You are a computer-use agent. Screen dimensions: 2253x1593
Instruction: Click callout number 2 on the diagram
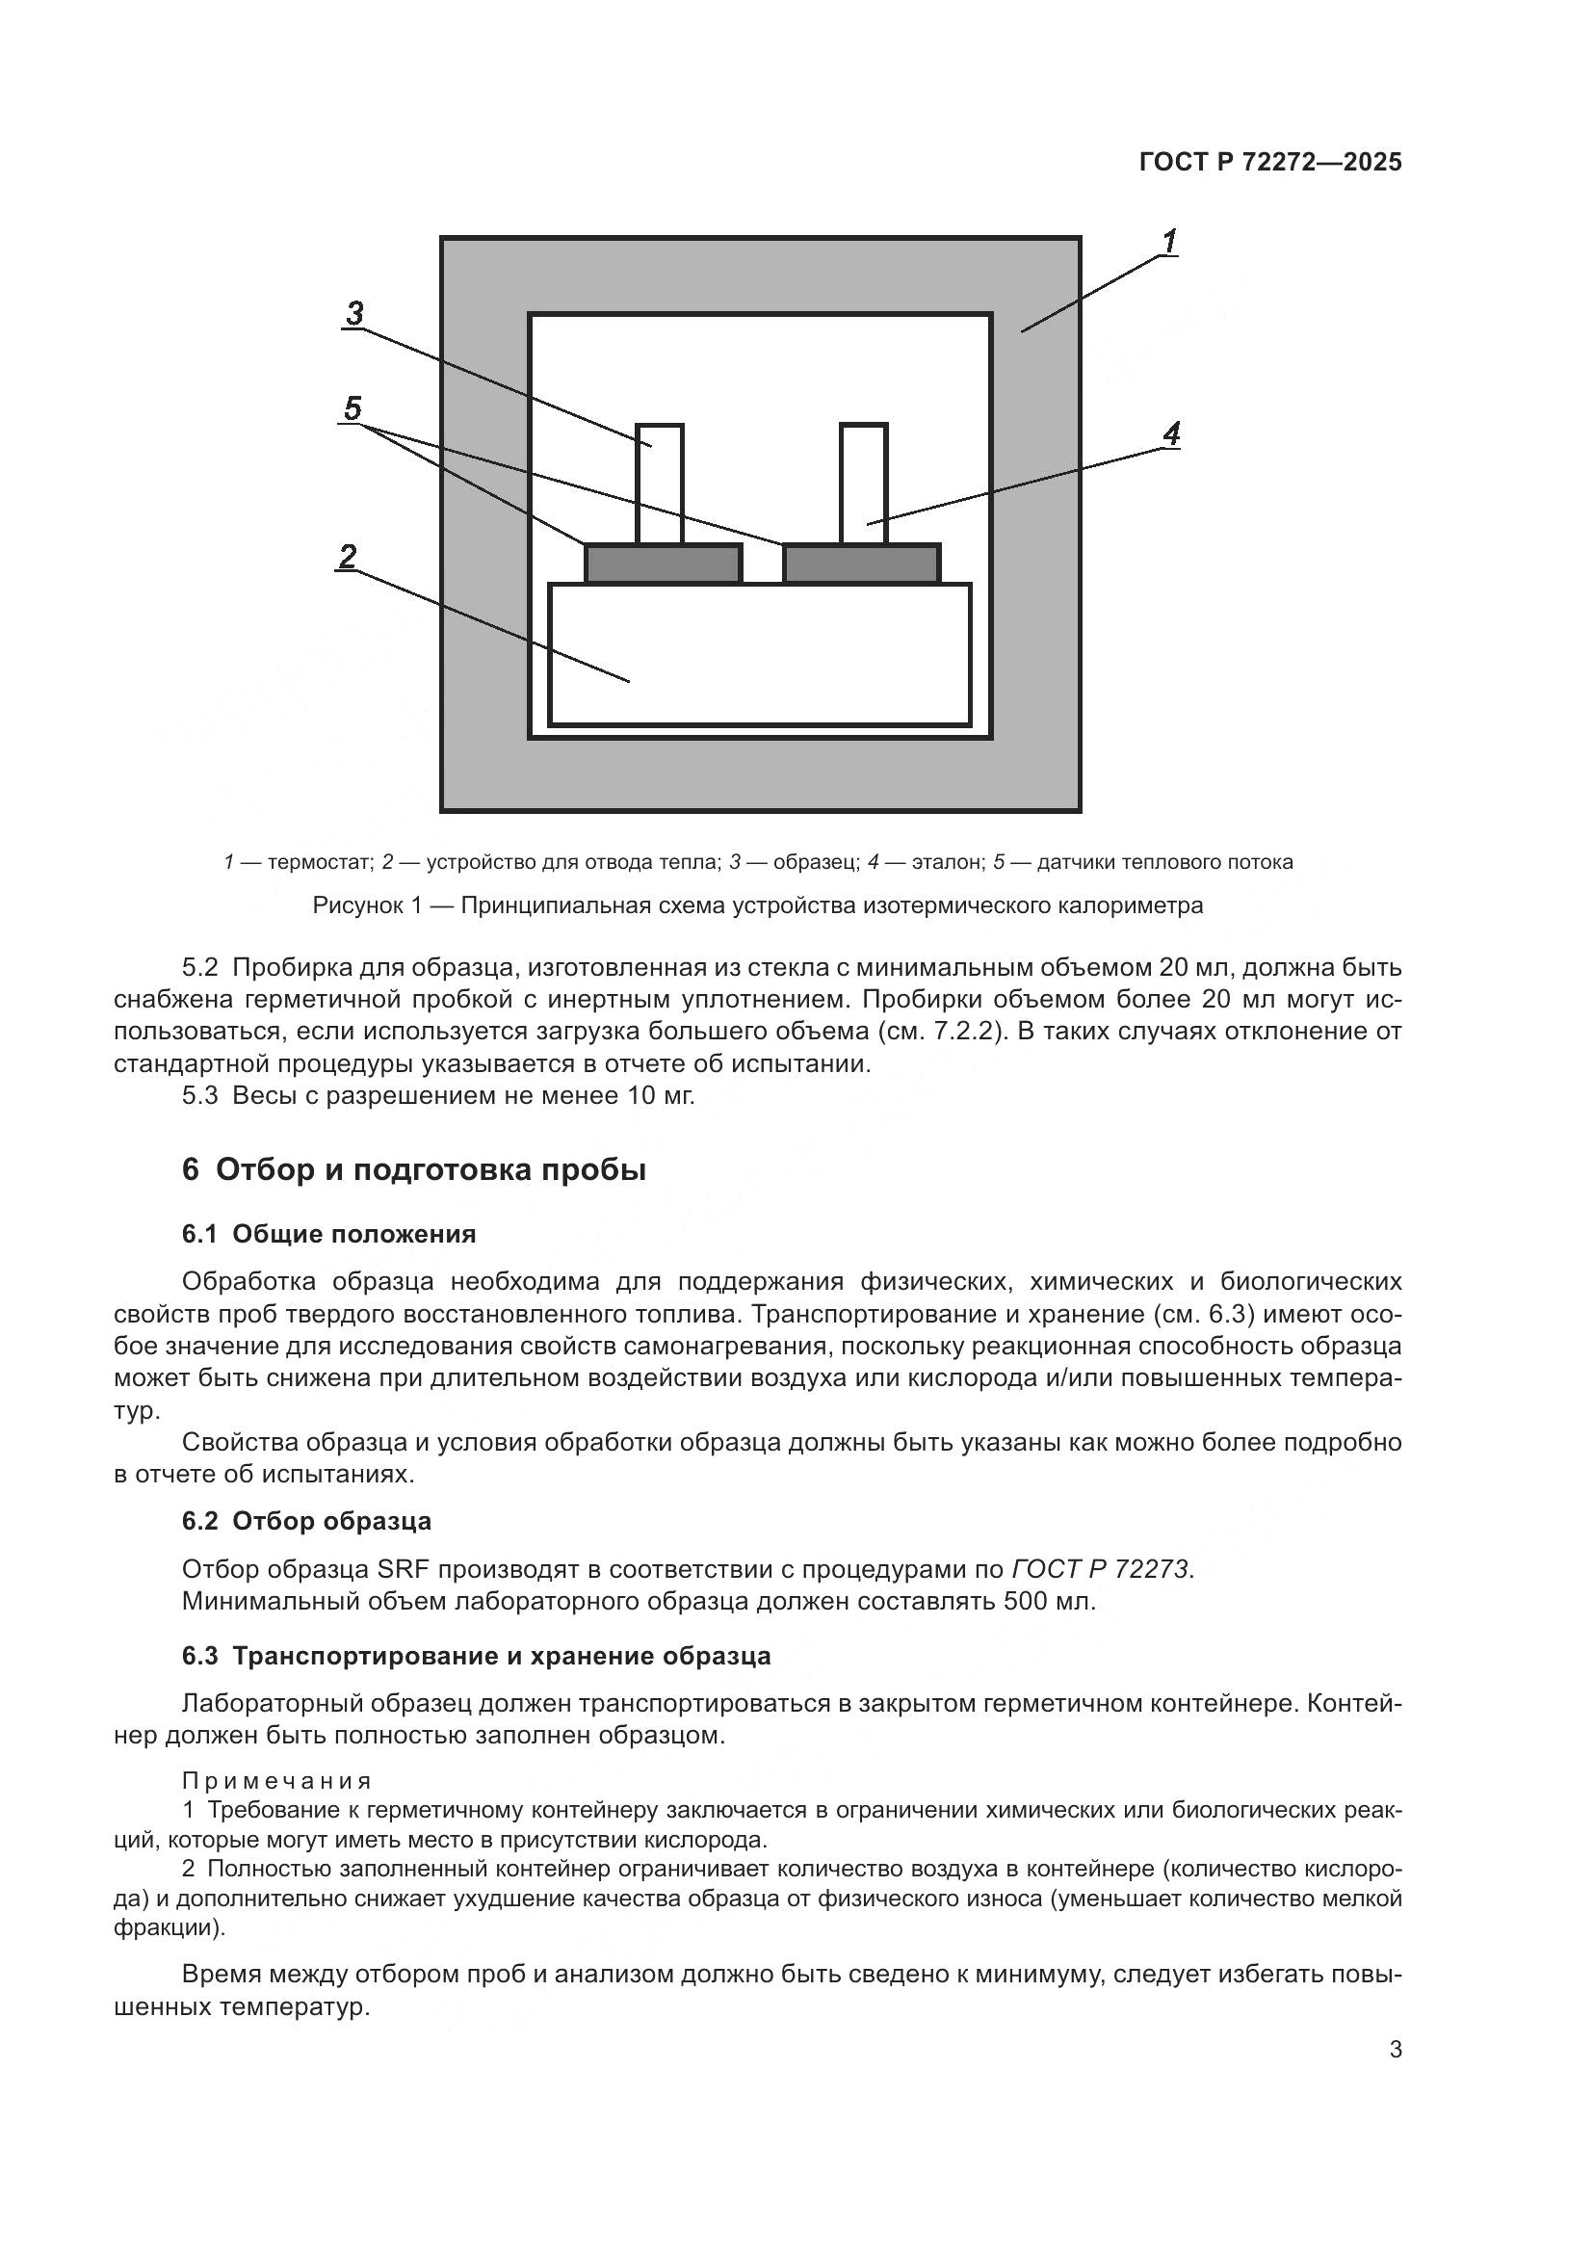pos(348,557)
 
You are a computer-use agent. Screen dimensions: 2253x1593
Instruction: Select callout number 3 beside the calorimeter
pos(354,313)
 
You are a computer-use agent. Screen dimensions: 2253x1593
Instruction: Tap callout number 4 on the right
pos(1171,432)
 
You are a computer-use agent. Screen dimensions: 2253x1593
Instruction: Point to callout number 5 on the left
pos(353,407)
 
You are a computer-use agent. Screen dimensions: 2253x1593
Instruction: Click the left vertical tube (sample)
pos(659,484)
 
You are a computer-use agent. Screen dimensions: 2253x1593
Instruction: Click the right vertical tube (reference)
pos(863,484)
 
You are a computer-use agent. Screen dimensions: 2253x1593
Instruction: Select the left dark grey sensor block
pos(663,564)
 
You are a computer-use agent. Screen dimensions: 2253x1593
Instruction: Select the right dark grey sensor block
pos(861,564)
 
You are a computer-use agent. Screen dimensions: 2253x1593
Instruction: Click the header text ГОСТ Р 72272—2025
pos(1270,163)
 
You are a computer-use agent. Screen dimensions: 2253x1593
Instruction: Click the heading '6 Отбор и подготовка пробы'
pos(413,1170)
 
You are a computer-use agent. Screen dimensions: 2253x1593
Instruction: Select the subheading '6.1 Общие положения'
pos(328,1235)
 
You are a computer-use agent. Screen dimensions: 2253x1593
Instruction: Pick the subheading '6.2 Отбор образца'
pos(306,1521)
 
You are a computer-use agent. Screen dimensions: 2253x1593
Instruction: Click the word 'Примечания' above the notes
pos(276,1781)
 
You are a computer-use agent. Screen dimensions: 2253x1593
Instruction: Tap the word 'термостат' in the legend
pos(320,862)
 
